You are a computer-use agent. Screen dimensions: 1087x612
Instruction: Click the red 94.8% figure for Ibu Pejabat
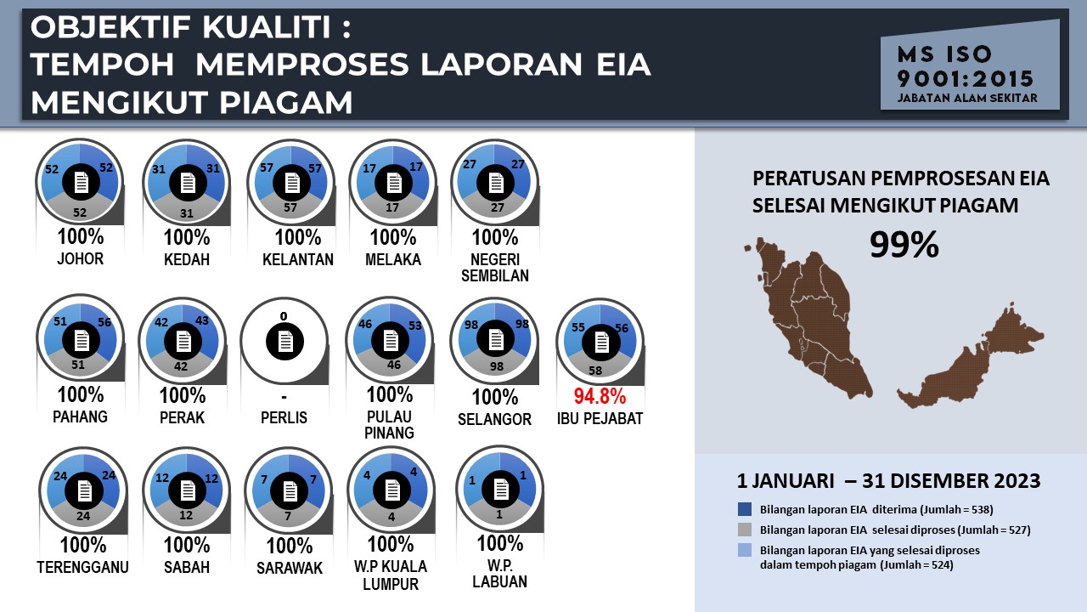point(600,396)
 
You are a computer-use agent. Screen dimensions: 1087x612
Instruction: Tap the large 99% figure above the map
point(904,244)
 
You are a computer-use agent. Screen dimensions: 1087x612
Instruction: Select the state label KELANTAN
point(298,260)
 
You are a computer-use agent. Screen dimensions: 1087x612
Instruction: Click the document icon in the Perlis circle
point(285,342)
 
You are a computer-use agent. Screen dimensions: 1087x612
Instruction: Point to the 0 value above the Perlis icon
point(284,317)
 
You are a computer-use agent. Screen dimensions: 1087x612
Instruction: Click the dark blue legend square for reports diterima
point(745,509)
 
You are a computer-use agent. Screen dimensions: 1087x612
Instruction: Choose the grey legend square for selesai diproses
point(745,530)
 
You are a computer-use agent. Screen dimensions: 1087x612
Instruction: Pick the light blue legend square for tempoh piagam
point(745,550)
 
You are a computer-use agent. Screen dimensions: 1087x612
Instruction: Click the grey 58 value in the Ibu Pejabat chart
point(595,371)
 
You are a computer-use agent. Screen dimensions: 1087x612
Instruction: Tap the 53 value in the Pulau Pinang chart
point(415,326)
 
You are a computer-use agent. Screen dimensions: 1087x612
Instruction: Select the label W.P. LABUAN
point(500,574)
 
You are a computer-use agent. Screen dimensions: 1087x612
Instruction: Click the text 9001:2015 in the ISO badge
point(966,79)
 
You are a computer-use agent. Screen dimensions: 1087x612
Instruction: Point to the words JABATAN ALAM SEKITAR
point(967,98)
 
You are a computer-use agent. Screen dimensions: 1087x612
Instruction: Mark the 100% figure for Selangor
point(495,397)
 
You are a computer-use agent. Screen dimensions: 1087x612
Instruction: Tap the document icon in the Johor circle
point(81,183)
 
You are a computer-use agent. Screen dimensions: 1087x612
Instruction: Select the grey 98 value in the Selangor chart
point(497,366)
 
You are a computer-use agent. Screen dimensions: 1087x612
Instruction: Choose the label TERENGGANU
point(82,567)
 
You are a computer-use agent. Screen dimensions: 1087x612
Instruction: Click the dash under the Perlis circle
point(284,397)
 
